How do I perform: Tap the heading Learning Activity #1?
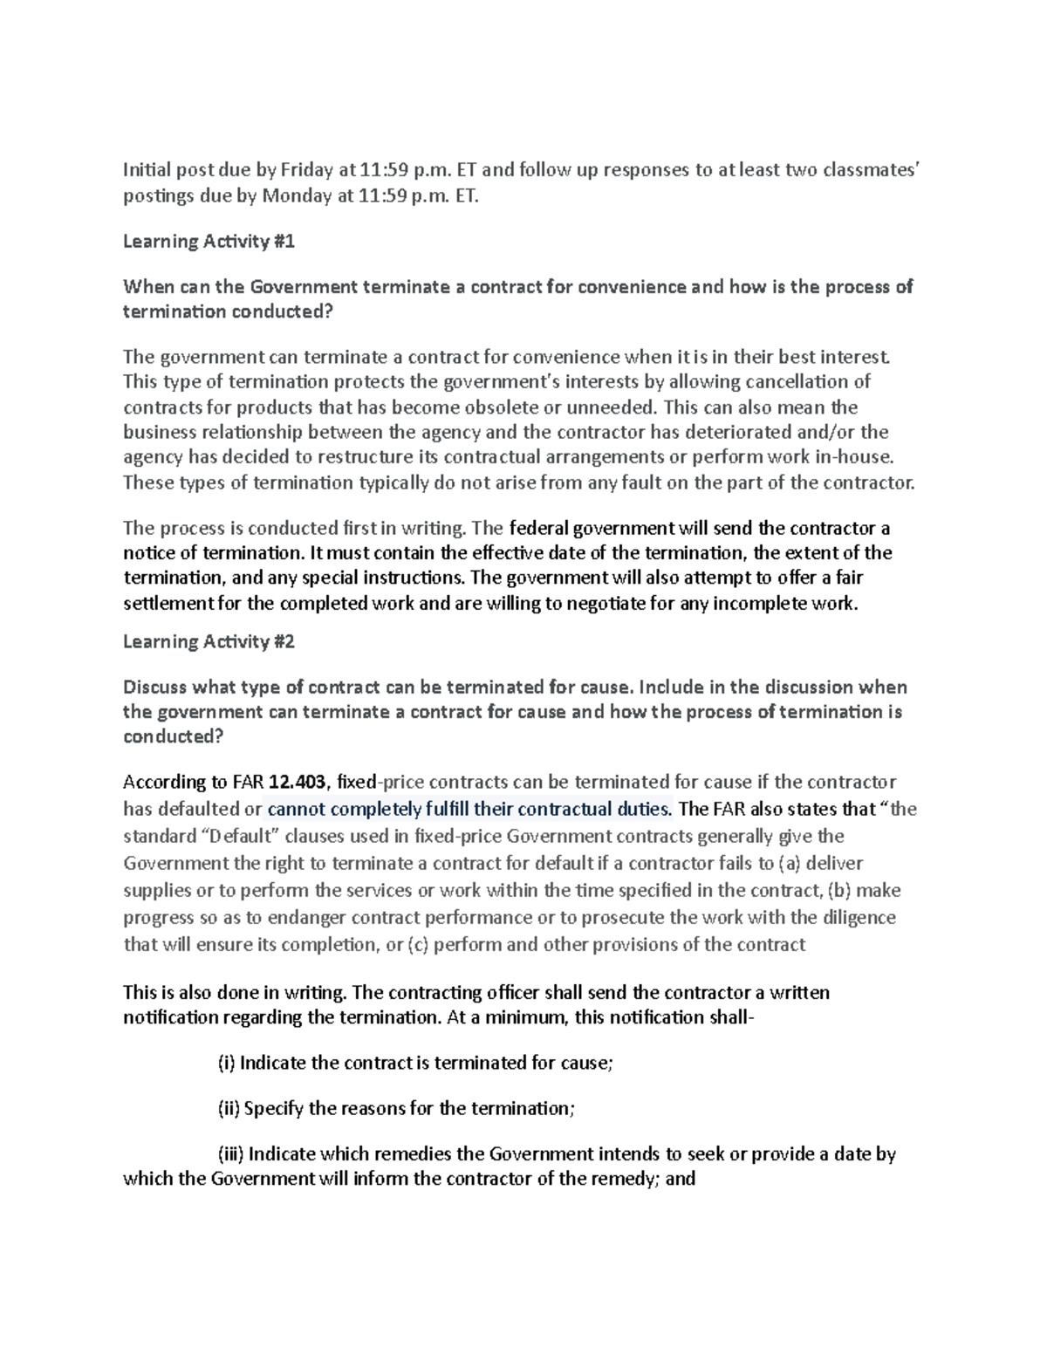point(209,242)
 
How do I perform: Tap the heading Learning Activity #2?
point(209,642)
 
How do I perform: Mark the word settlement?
point(168,603)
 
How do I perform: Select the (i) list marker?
point(225,1064)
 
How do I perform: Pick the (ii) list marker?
point(228,1109)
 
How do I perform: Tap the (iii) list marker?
point(230,1154)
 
